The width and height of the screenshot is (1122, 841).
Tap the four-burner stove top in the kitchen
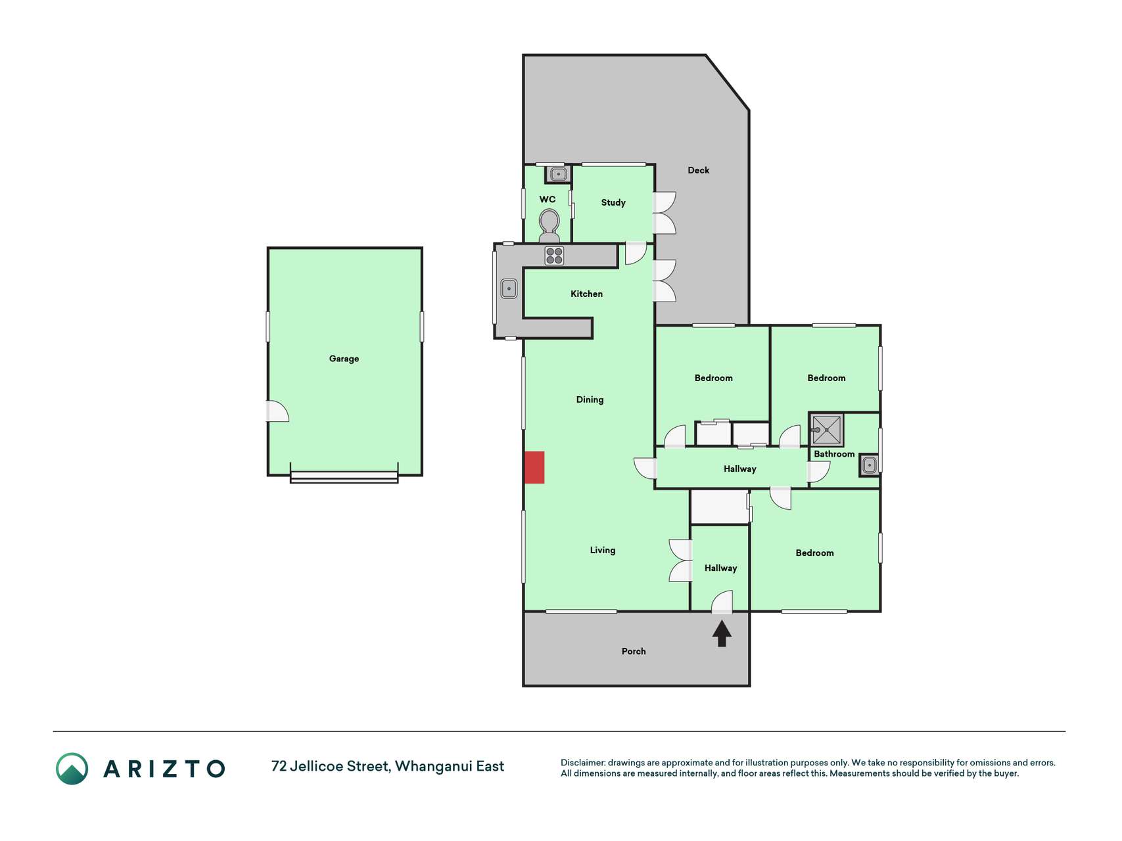pos(554,256)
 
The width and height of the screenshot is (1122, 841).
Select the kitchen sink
pos(509,288)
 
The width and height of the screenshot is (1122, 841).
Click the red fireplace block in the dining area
pos(534,467)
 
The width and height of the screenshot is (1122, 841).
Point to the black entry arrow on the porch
pos(722,633)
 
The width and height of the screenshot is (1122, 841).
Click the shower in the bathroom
pos(826,430)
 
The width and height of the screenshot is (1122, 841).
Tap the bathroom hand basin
pos(869,465)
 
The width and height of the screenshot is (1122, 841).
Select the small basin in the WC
pos(558,174)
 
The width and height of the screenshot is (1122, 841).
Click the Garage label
pos(344,359)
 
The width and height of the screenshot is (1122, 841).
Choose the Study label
pos(613,202)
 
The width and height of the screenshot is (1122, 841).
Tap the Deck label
pos(698,170)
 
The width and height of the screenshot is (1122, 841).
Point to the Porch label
pos(634,651)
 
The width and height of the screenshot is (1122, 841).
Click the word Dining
pos(590,399)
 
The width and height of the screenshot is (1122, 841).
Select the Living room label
pos(603,550)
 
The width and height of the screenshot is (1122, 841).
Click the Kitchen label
pos(586,294)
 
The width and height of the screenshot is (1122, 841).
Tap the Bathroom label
pos(834,454)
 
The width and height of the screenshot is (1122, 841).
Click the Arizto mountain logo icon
pos(72,769)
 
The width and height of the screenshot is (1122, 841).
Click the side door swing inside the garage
pos(277,411)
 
